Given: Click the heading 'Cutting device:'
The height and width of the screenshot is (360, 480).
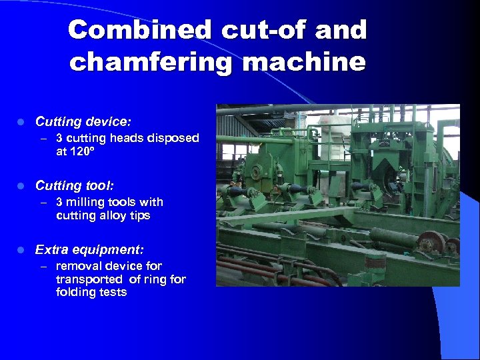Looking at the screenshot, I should click(83, 122).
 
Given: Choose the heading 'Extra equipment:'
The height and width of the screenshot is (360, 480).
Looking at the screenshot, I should click(89, 250).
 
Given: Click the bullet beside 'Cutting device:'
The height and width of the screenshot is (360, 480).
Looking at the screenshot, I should click(21, 123).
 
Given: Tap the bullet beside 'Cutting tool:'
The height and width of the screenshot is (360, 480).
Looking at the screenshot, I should click(21, 186).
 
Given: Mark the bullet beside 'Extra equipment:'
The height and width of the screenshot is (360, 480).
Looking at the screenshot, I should click(21, 251).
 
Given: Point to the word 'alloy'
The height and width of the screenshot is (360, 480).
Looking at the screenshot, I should click(116, 216).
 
